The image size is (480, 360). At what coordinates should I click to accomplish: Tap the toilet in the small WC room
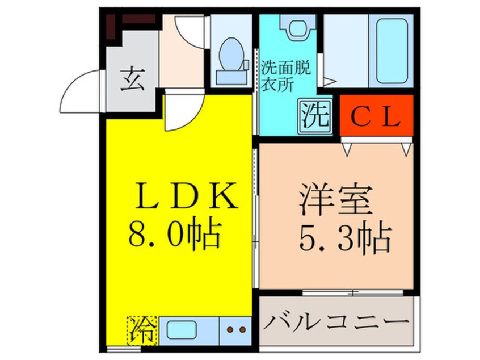pyautogui.click(x=230, y=57)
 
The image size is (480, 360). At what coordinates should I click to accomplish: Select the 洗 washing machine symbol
pyautogui.click(x=314, y=116)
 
